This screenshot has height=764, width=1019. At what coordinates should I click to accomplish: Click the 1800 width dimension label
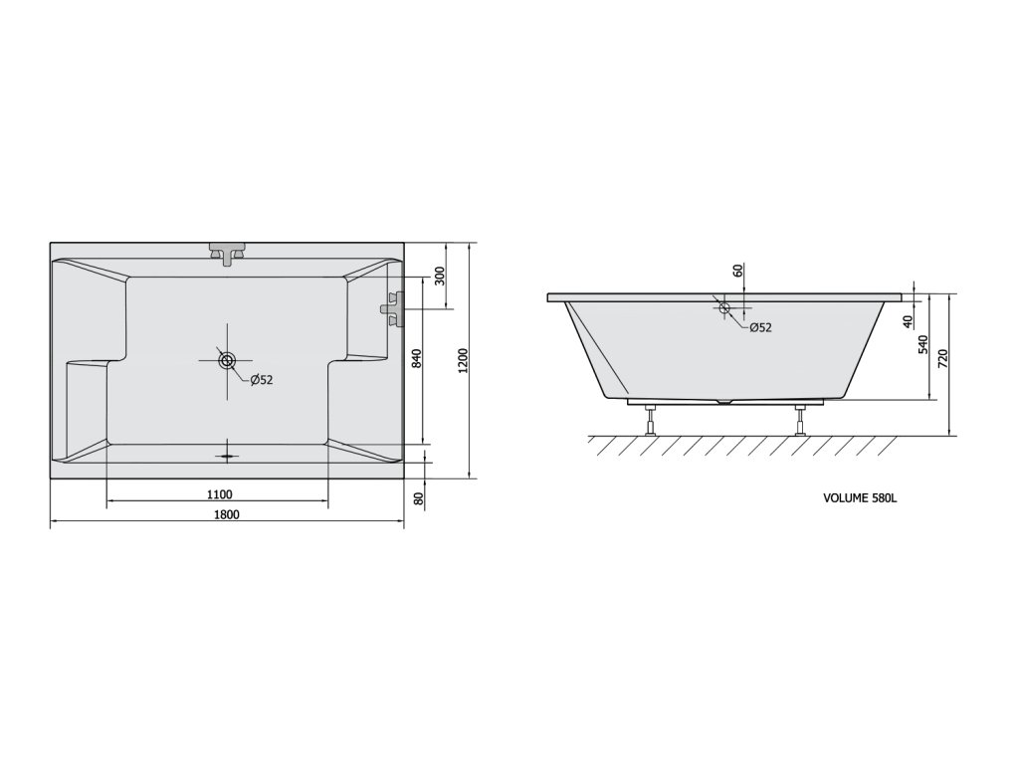(226, 514)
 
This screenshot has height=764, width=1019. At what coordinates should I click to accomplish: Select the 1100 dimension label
(220, 494)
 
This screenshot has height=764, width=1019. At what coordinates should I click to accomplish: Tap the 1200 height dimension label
(464, 361)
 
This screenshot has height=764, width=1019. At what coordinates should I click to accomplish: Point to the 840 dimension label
(417, 358)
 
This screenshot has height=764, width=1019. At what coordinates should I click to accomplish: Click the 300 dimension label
(439, 277)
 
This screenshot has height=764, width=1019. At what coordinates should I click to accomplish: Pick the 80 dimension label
(419, 499)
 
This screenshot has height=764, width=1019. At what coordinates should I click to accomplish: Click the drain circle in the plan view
(227, 360)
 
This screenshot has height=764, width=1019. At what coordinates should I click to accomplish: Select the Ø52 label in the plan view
(262, 380)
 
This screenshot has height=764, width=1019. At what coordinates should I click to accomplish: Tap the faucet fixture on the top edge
(227, 254)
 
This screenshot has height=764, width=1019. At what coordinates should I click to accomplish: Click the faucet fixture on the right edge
(392, 308)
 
